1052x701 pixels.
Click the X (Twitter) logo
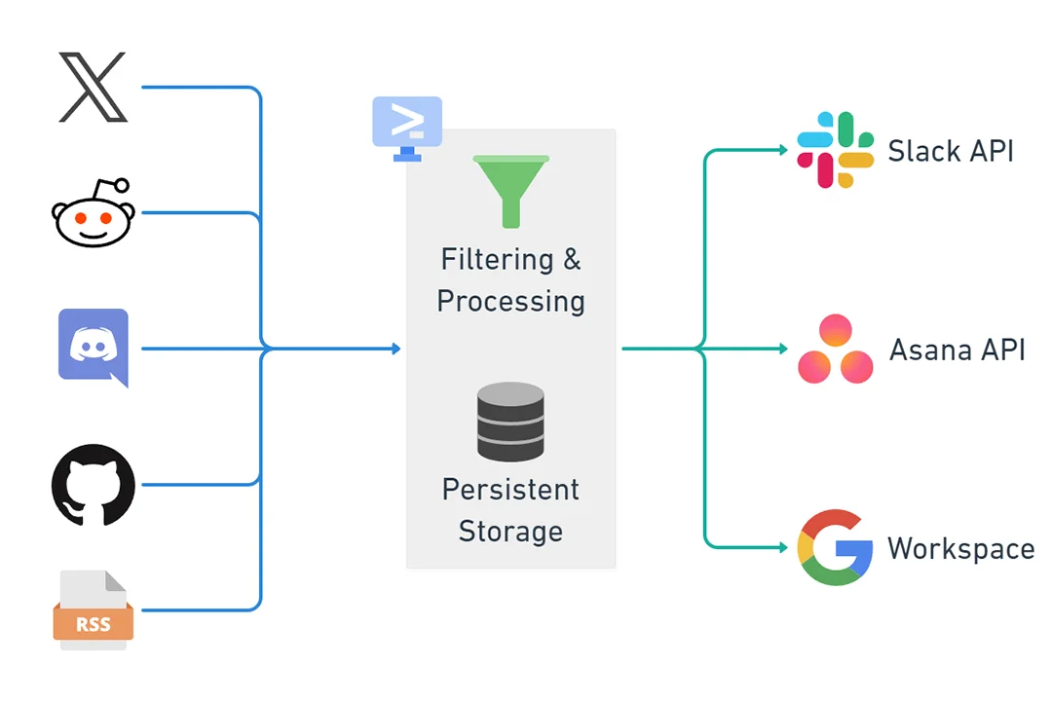click(x=93, y=88)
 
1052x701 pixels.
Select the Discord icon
click(x=94, y=347)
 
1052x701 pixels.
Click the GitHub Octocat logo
click(x=93, y=485)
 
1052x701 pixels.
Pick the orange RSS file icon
click(x=93, y=610)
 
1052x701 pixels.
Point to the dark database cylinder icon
click(x=510, y=422)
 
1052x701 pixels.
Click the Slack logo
click(x=835, y=150)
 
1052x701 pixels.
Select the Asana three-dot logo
click(x=835, y=350)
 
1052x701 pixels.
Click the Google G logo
click(x=835, y=547)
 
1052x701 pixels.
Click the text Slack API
click(x=950, y=151)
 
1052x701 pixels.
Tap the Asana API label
click(x=957, y=350)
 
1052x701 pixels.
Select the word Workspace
click(x=960, y=548)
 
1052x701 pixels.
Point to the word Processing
click(x=510, y=301)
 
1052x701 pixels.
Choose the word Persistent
click(x=510, y=489)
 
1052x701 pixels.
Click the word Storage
click(x=510, y=531)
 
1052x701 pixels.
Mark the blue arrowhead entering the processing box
click(x=395, y=348)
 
